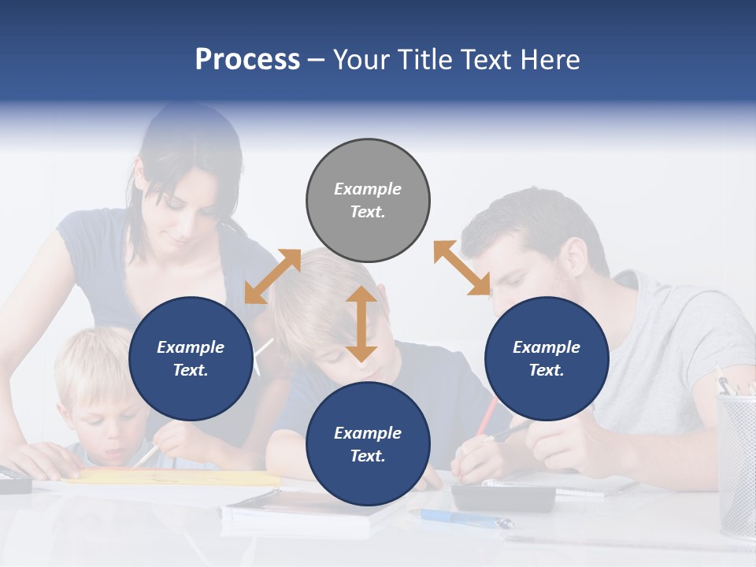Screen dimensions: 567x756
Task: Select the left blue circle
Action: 191,358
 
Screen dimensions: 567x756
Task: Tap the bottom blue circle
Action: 368,444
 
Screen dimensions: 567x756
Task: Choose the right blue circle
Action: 547,358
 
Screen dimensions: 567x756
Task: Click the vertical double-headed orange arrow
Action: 361,324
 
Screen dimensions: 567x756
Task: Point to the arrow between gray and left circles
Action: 272,276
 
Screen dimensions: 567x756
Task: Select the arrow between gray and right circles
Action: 462,269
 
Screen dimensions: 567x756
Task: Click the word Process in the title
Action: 247,59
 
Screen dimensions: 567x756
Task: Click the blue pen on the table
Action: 465,518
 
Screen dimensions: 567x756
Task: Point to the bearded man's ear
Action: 573,256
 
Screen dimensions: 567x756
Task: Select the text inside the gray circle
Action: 368,200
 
